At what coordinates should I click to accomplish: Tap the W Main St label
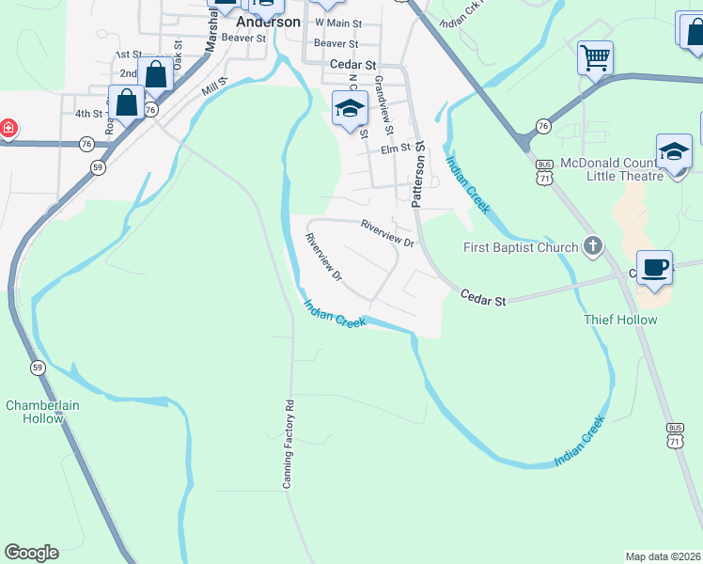[x=338, y=22]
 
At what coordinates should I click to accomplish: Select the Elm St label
[x=396, y=149]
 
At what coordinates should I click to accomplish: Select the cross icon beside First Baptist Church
[x=592, y=247]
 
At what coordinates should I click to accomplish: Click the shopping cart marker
[x=596, y=58]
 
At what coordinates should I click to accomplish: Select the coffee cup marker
[x=655, y=267]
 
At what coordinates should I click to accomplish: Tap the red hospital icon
[x=8, y=127]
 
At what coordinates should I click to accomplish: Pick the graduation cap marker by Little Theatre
[x=674, y=150]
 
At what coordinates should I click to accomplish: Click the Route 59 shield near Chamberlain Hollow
[x=37, y=367]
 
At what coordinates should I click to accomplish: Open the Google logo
[x=31, y=553]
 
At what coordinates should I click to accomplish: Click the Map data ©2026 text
[x=663, y=556]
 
